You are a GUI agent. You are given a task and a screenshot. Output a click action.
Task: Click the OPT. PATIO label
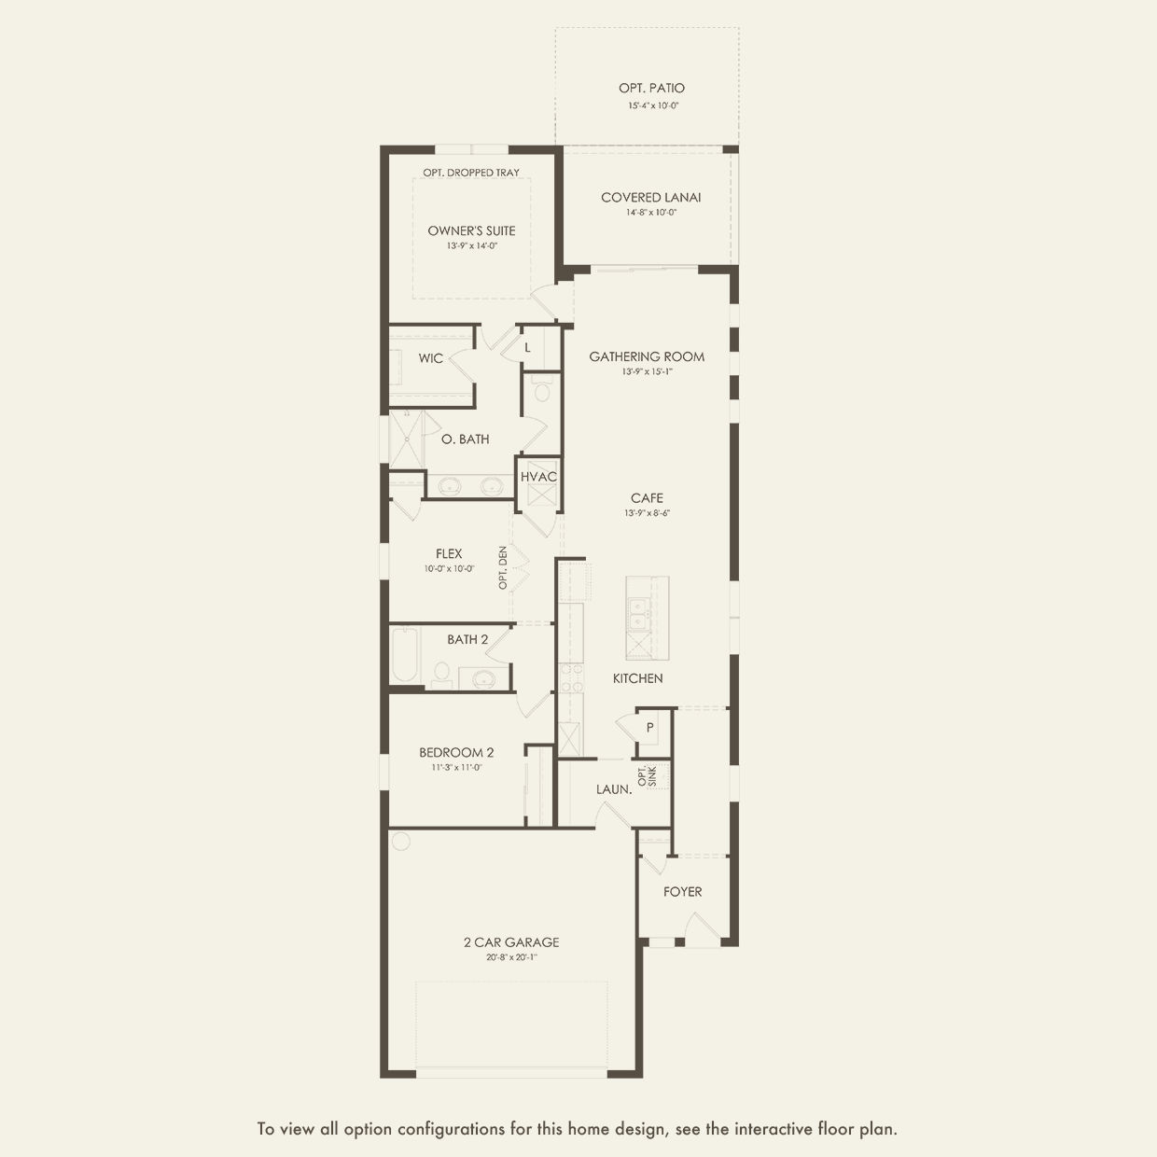click(x=651, y=88)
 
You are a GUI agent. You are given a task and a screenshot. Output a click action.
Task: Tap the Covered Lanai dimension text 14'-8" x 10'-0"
click(x=651, y=212)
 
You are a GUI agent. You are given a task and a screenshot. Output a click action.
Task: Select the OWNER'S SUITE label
click(x=471, y=230)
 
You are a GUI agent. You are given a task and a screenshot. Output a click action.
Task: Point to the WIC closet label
click(x=430, y=358)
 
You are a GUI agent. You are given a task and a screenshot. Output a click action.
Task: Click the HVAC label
click(x=538, y=477)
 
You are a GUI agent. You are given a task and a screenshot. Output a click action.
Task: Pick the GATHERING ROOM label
click(x=647, y=356)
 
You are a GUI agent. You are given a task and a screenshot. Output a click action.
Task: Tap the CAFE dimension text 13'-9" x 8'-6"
click(x=647, y=513)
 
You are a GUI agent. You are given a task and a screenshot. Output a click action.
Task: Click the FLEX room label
click(x=449, y=553)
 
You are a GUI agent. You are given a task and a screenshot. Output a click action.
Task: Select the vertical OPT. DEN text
click(x=503, y=567)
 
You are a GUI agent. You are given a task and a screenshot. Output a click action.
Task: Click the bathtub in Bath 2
click(x=405, y=655)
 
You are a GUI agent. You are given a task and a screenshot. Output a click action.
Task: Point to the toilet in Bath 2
click(x=442, y=675)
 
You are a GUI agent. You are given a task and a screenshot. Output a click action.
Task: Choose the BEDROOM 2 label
click(x=456, y=752)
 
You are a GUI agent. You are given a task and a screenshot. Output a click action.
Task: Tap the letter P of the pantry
click(x=649, y=728)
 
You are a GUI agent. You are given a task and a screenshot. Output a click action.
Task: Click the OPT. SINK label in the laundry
click(x=648, y=775)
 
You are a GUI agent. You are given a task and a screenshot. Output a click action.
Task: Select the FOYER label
click(x=683, y=892)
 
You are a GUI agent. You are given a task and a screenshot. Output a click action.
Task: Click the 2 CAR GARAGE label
click(x=511, y=942)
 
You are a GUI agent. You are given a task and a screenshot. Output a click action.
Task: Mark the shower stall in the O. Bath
click(x=407, y=439)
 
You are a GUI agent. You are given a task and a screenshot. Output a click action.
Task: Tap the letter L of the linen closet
click(x=527, y=348)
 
